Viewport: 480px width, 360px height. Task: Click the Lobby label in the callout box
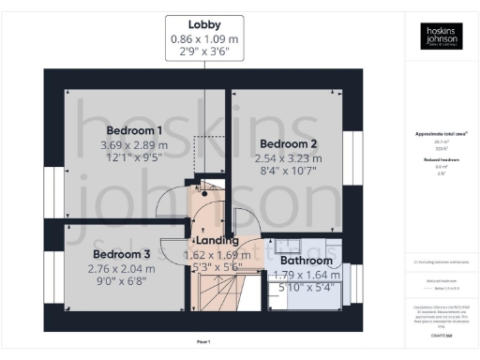tap(204, 23)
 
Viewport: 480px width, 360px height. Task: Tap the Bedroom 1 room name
tap(134, 130)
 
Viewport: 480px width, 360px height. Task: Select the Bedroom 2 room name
tap(289, 144)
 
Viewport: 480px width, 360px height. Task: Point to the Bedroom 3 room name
tap(121, 254)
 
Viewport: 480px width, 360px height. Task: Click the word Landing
tap(217, 241)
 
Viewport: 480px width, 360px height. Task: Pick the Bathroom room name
tap(307, 261)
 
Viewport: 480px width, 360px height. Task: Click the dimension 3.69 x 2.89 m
tap(134, 145)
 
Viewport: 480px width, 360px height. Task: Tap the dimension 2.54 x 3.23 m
tap(289, 159)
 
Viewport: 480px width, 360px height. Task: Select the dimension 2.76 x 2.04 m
tap(121, 269)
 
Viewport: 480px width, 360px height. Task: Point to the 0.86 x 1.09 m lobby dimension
tap(204, 38)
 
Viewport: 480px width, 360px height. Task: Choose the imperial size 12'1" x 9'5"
tap(134, 159)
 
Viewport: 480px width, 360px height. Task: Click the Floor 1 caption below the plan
tap(203, 341)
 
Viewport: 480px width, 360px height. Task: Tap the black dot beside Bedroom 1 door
tap(191, 192)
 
